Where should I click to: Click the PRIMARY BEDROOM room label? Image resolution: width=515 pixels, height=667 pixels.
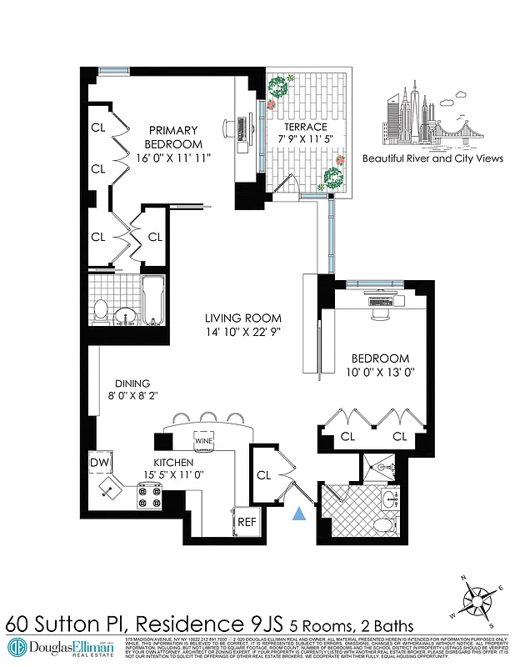click(x=173, y=137)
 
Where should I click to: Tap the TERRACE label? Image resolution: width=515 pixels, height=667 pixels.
click(x=304, y=127)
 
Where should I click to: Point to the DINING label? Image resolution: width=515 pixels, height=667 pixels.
click(x=133, y=384)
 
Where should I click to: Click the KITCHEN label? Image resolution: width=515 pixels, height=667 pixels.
click(x=173, y=462)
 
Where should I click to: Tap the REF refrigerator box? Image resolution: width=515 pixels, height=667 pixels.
click(x=246, y=521)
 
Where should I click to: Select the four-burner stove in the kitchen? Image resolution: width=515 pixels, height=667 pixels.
click(x=151, y=498)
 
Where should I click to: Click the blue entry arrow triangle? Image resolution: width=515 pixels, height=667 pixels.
click(x=299, y=515)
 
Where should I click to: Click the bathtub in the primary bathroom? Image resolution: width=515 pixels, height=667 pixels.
click(x=154, y=301)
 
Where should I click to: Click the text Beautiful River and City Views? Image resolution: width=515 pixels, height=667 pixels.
click(x=432, y=158)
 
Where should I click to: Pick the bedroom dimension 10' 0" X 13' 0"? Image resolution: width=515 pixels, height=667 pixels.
click(x=379, y=374)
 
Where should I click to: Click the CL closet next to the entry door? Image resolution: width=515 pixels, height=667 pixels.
click(x=265, y=475)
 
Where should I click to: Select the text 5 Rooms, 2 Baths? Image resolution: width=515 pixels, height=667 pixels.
click(x=351, y=624)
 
